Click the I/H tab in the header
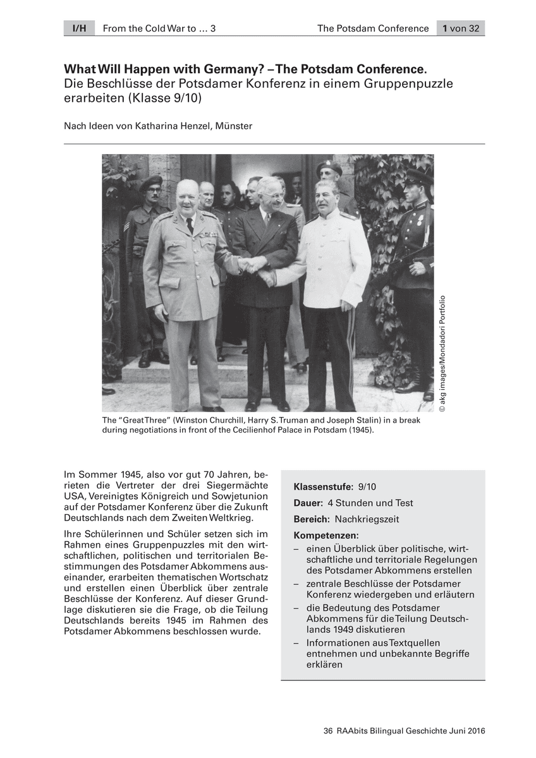pyautogui.click(x=79, y=28)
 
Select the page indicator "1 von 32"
pyautogui.click(x=461, y=28)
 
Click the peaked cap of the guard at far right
pyautogui.click(x=418, y=176)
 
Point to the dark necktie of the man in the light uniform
pyautogui.click(x=190, y=224)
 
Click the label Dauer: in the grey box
pyautogui.click(x=308, y=503)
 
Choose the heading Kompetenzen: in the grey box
pyautogui.click(x=326, y=536)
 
